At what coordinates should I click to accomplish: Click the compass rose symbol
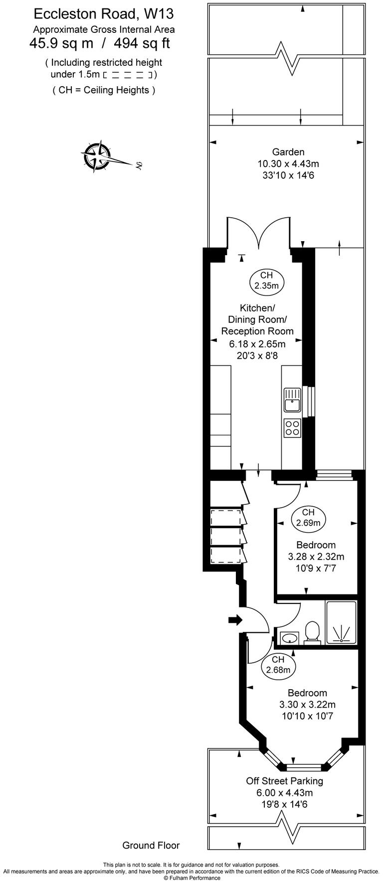(x=97, y=156)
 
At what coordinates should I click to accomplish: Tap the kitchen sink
(x=292, y=400)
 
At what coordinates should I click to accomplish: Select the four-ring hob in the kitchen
(x=292, y=428)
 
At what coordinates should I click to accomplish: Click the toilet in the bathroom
(x=312, y=632)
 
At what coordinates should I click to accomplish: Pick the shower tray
(x=341, y=622)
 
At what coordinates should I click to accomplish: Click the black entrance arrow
(x=235, y=620)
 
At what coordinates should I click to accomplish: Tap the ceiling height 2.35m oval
(x=266, y=281)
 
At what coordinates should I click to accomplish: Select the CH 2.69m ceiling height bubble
(x=308, y=517)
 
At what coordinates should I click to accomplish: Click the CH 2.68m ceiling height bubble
(x=278, y=665)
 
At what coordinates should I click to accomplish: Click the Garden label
(x=288, y=152)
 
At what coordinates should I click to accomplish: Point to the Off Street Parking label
(x=284, y=781)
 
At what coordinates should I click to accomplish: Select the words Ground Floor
(x=151, y=845)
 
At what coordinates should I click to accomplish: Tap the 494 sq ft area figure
(x=142, y=44)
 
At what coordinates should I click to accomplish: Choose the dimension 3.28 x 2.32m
(x=316, y=557)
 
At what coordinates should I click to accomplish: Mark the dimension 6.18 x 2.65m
(x=257, y=343)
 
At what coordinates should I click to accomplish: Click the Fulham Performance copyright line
(x=191, y=878)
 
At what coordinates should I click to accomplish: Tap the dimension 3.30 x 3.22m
(x=307, y=705)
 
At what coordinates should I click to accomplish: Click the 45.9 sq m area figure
(x=61, y=44)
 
